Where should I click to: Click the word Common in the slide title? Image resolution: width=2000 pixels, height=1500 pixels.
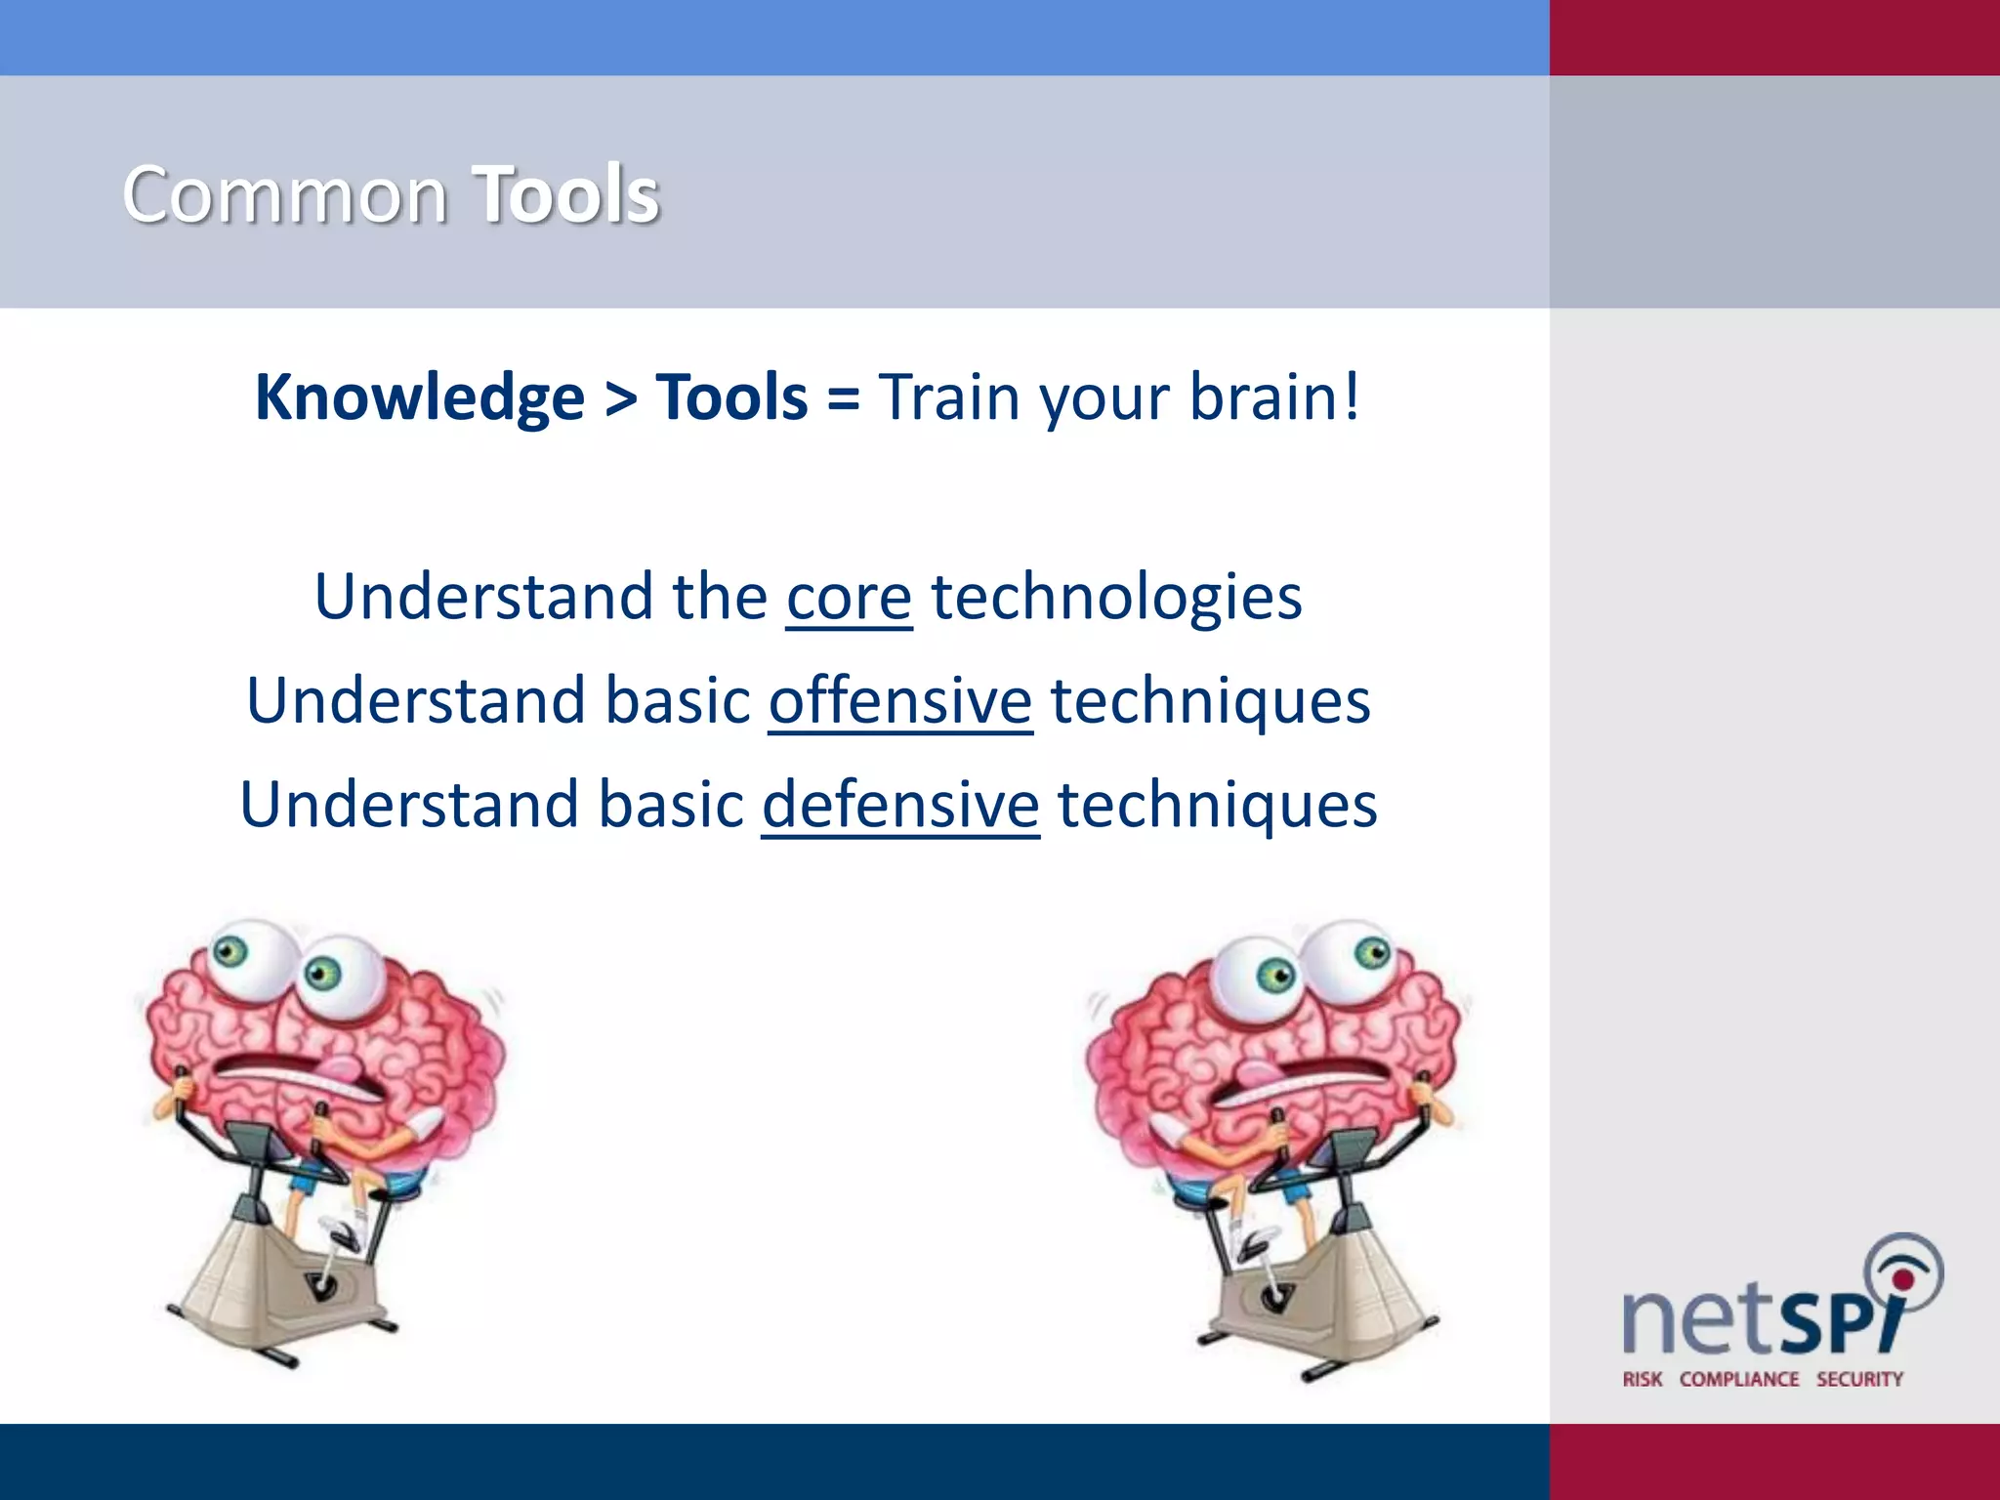[285, 195]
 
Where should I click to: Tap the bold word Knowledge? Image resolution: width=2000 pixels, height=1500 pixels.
[420, 398]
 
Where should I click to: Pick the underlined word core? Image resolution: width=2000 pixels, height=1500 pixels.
[849, 598]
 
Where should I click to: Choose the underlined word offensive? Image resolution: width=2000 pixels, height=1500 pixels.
[900, 701]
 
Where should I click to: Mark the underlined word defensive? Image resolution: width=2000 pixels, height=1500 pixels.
[900, 806]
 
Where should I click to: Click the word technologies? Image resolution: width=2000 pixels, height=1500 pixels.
[1116, 598]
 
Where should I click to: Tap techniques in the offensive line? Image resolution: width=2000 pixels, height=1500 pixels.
[1210, 701]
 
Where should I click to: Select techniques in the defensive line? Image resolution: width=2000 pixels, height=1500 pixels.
[1217, 806]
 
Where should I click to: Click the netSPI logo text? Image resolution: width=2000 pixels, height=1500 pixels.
[1758, 1318]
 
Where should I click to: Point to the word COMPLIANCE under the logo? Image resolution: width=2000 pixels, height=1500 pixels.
[1739, 1379]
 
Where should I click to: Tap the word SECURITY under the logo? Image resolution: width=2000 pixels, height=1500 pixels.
[1859, 1379]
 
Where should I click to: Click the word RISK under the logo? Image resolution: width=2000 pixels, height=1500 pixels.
[1643, 1379]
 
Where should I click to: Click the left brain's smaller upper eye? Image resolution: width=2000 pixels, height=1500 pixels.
[230, 949]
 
